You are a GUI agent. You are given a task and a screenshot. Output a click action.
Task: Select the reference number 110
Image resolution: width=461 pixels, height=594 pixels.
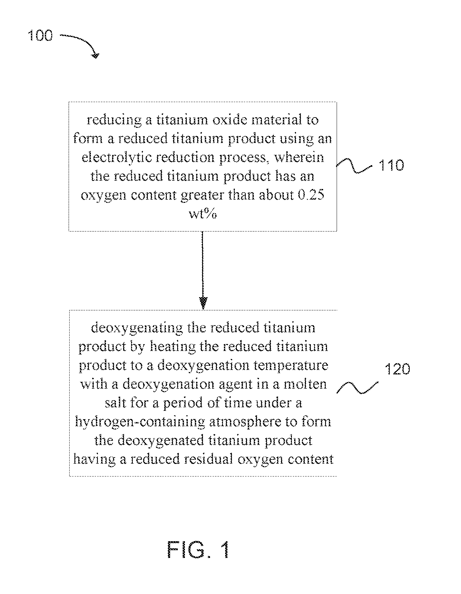(x=391, y=165)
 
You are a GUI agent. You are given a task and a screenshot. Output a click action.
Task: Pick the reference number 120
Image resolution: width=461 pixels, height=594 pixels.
(x=398, y=369)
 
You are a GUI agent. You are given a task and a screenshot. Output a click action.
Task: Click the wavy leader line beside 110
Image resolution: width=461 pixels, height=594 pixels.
(x=354, y=165)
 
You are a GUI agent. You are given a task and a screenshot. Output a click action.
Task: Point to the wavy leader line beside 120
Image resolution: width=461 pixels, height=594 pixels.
(x=358, y=388)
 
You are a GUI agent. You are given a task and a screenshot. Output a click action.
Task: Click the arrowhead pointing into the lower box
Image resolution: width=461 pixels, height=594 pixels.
(x=203, y=303)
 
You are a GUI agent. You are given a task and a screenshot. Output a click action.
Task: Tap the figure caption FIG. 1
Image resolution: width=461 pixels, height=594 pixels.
(x=198, y=550)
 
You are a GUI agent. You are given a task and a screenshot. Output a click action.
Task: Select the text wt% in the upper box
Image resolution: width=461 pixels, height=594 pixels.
(x=203, y=214)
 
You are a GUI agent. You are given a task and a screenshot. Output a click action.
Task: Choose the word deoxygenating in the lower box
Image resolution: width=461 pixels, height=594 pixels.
(x=137, y=328)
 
